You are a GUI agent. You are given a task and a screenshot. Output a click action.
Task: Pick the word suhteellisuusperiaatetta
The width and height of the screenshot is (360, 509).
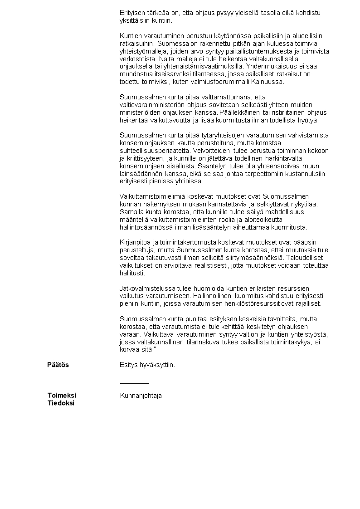tap(154, 143)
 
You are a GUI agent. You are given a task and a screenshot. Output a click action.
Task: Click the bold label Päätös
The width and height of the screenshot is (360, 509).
tap(58, 365)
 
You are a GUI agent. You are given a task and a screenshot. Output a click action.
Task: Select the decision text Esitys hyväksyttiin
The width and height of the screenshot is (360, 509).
tap(147, 365)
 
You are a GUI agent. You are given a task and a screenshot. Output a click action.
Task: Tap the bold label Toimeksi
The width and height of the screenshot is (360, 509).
tap(62, 395)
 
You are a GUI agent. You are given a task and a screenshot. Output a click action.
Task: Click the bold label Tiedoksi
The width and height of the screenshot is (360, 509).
tap(60, 403)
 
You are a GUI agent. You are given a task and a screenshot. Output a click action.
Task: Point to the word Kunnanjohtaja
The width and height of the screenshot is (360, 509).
tap(141, 396)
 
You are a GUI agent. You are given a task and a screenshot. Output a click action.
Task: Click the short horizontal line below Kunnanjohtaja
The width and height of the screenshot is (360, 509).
tap(134, 414)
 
